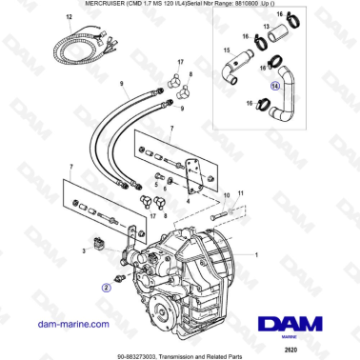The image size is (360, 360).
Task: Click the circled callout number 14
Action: point(274,86)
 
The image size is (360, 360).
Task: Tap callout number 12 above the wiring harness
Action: point(68,17)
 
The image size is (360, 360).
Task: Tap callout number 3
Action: point(85,250)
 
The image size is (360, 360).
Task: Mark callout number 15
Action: point(226,49)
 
